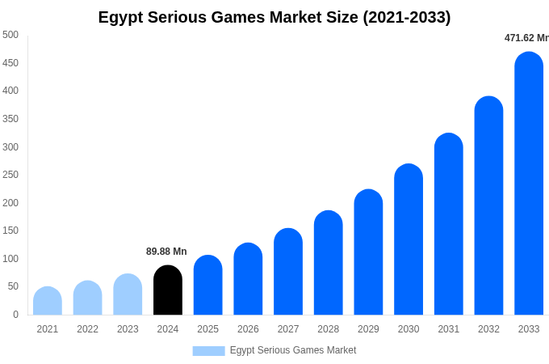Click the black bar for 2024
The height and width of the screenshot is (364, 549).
(x=168, y=290)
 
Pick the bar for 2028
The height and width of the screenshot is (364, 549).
(x=329, y=263)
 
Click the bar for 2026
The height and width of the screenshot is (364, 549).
(x=248, y=279)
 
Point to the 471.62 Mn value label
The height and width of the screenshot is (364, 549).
(x=526, y=38)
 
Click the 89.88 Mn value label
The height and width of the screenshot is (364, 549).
(x=166, y=252)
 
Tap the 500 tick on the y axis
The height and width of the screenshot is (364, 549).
(x=10, y=35)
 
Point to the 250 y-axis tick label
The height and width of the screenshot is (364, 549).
(x=10, y=175)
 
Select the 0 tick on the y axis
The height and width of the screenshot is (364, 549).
(x=15, y=315)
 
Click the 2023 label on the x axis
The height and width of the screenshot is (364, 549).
(x=128, y=329)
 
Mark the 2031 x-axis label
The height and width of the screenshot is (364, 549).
(x=449, y=329)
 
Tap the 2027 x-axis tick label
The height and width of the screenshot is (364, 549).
(x=288, y=329)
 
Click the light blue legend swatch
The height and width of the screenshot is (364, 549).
(x=208, y=351)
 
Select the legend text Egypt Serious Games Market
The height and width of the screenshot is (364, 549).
(x=293, y=350)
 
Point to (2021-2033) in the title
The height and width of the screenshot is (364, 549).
(x=407, y=17)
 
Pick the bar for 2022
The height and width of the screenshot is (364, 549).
(x=88, y=298)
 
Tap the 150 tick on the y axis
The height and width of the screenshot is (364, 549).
(x=10, y=231)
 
